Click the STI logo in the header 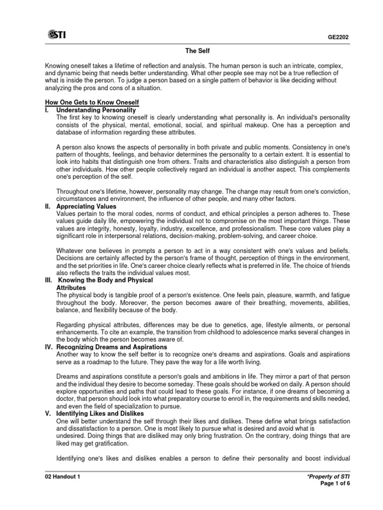tap(57, 34)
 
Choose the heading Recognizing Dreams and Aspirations tap(112, 347)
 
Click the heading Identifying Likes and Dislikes tap(100, 413)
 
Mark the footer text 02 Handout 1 tap(62, 477)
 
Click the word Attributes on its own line tap(71, 288)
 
